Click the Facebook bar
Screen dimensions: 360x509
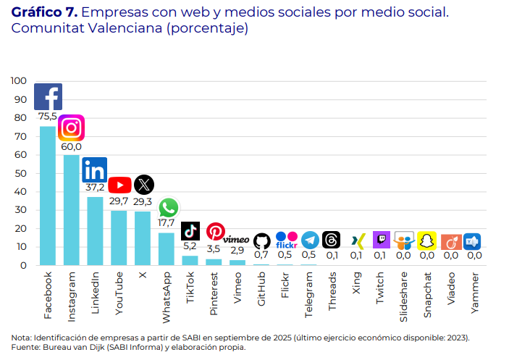pyautogui.click(x=48, y=196)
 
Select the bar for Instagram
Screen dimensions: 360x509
pyautogui.click(x=72, y=210)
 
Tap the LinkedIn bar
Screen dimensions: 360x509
pyautogui.click(x=95, y=231)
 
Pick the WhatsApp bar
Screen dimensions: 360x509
pyautogui.click(x=167, y=248)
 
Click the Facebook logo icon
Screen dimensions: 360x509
pyautogui.click(x=48, y=97)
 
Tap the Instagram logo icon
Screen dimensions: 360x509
pyautogui.click(x=71, y=127)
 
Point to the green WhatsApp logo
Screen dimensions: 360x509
pyautogui.click(x=167, y=208)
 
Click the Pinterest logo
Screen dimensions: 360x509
pyautogui.click(x=215, y=231)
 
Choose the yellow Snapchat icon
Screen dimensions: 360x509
pyautogui.click(x=427, y=241)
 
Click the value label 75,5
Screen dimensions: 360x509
pyautogui.click(x=48, y=116)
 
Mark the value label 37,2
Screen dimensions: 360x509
pyautogui.click(x=95, y=187)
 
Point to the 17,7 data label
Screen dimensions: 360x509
pyautogui.click(x=167, y=223)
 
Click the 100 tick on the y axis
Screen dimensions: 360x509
pyautogui.click(x=19, y=80)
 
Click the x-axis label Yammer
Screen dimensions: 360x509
pyautogui.click(x=474, y=293)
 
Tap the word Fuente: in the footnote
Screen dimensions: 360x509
pyautogui.click(x=26, y=347)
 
